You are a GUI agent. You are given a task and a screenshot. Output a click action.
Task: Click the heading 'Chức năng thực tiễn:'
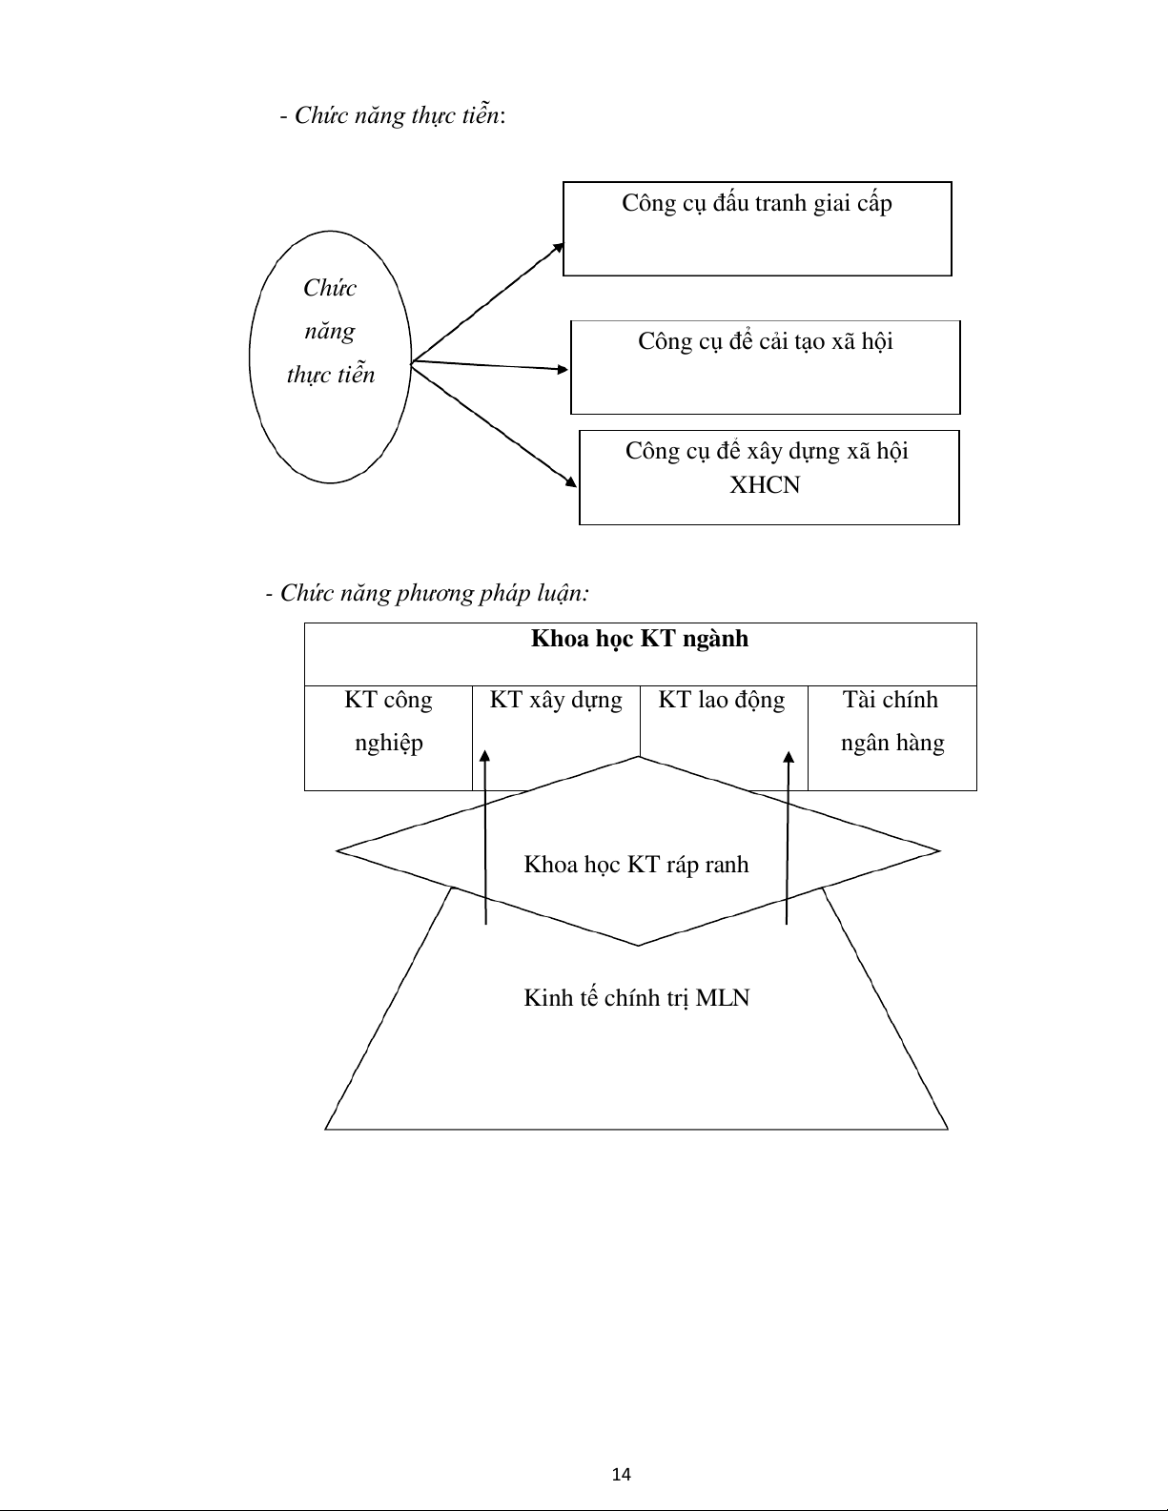point(393,115)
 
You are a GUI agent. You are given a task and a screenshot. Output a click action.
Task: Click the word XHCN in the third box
point(765,484)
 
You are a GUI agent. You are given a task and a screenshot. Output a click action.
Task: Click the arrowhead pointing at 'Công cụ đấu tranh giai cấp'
point(559,248)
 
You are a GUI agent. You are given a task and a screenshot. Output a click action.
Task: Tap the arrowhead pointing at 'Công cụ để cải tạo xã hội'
point(563,369)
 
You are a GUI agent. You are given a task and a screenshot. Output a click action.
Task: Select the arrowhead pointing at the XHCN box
point(571,480)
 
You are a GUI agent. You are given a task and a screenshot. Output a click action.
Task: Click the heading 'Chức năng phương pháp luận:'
point(427,593)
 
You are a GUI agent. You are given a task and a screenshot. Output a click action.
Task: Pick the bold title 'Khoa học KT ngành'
point(640,639)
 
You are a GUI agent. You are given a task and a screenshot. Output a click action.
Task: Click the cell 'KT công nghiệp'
point(389,738)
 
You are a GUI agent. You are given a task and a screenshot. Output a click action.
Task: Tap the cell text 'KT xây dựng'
point(556,700)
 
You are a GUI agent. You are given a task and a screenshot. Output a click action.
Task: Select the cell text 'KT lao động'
point(722,700)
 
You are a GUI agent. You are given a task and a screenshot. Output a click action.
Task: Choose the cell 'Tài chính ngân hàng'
point(892,738)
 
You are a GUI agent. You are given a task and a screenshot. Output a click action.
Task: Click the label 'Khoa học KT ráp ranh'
point(636,865)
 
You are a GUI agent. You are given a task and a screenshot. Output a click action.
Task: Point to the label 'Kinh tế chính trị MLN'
point(636,998)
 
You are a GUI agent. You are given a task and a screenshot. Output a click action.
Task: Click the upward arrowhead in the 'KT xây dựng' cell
point(484,757)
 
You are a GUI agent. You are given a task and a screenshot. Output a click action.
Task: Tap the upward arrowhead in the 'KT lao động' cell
point(789,758)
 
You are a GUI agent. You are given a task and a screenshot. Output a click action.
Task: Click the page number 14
point(622,1475)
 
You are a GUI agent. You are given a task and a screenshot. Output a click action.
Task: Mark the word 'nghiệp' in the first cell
point(389,744)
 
